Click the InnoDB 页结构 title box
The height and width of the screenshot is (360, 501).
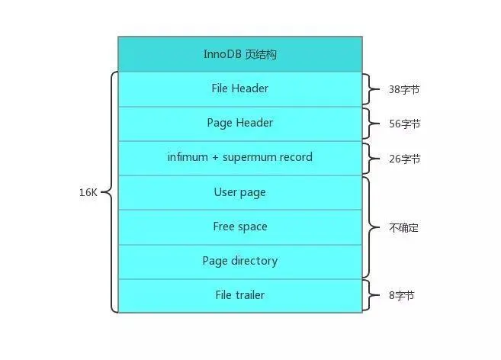tap(239, 54)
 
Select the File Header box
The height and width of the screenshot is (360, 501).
tap(239, 88)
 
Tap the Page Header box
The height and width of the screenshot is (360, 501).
tap(239, 123)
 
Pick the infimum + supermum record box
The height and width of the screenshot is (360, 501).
tap(239, 158)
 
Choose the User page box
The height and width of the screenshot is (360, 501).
tap(239, 192)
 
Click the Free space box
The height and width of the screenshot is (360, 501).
tap(239, 227)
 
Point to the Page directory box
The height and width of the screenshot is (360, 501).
tap(239, 261)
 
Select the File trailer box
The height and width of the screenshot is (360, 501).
tap(239, 295)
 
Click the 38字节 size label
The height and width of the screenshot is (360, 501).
tap(404, 89)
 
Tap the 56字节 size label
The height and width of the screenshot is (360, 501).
tap(404, 124)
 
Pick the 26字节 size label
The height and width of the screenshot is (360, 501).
tap(404, 159)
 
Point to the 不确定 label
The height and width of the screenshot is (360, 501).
tap(403, 227)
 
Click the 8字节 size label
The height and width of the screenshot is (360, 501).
tap(402, 295)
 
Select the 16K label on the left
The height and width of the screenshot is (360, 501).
tap(88, 193)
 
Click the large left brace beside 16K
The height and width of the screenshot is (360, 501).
tap(111, 192)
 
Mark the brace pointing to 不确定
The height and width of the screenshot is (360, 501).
tap(371, 227)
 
